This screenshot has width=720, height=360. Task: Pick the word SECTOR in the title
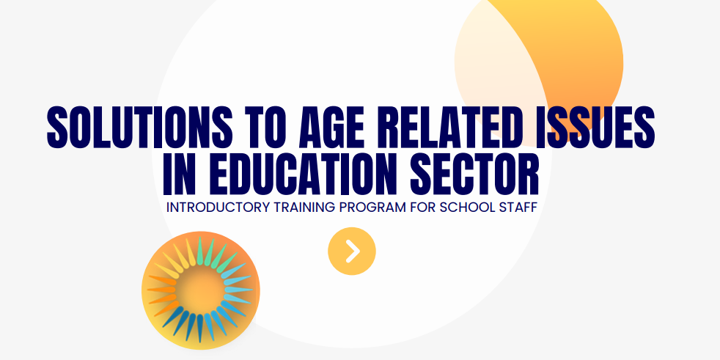click(474, 174)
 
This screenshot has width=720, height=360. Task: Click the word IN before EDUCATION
click(180, 174)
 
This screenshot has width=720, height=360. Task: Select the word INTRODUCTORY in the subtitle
click(218, 207)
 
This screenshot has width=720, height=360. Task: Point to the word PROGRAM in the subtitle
click(372, 207)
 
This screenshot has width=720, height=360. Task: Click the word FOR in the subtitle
click(423, 207)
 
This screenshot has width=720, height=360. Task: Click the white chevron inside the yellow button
click(353, 251)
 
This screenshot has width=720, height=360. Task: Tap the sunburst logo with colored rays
click(201, 290)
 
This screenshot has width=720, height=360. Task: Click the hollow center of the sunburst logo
click(201, 290)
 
